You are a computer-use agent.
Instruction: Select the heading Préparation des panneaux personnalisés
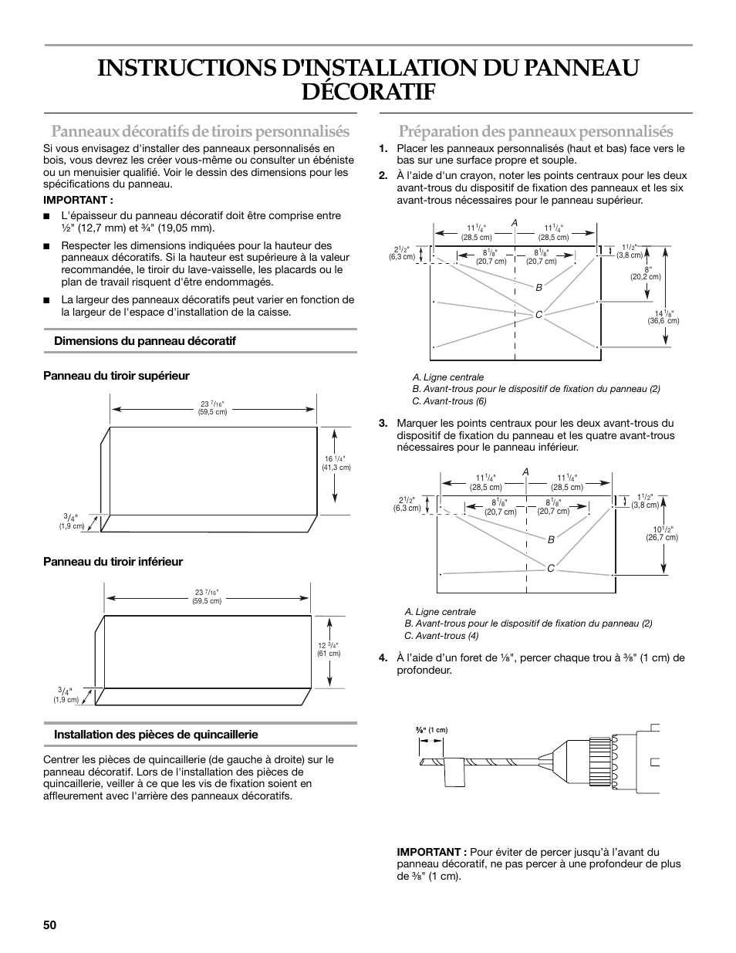coord(535,131)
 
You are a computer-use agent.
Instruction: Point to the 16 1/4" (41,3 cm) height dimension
coord(336,462)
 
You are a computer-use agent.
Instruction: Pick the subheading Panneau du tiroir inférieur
coord(113,562)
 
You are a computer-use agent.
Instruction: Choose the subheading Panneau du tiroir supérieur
coord(116,376)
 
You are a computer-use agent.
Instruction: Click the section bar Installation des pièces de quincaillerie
coord(155,735)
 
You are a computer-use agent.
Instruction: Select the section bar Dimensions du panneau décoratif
coord(144,341)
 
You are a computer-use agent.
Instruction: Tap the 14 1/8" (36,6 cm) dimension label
coord(663,316)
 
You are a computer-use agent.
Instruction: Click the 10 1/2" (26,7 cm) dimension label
coord(662,533)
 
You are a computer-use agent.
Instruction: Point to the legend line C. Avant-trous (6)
coord(449,401)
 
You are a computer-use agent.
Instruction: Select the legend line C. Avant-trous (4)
coord(441,636)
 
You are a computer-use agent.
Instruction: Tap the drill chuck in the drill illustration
coord(598,761)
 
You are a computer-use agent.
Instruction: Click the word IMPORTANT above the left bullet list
coord(68,199)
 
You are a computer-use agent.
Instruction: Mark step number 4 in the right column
coord(383,658)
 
